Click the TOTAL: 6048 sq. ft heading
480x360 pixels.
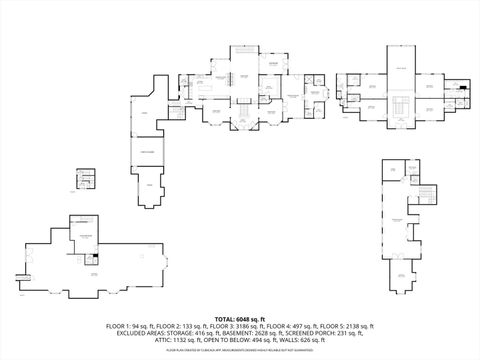240,317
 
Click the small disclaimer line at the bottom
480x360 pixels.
240,351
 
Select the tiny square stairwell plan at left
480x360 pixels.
87,178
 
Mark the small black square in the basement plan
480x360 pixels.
93,258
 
